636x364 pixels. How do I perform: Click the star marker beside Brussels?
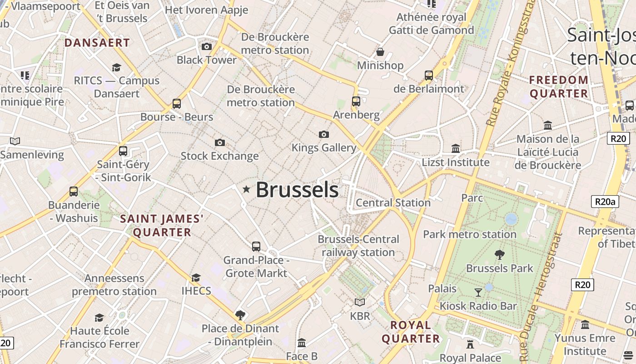point(246,189)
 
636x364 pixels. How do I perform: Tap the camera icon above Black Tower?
point(206,46)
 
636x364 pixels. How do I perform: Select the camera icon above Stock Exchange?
point(219,143)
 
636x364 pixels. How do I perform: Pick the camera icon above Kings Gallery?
point(323,134)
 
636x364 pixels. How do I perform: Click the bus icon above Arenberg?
point(356,101)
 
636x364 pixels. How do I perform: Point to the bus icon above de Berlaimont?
point(428,75)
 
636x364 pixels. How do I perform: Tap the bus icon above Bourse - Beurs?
point(177,103)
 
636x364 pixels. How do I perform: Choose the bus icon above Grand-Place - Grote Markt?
point(256,247)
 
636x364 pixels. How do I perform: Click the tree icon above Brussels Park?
point(499,255)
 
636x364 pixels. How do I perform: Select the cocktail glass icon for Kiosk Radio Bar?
point(478,292)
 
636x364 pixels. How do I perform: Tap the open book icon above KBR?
point(360,302)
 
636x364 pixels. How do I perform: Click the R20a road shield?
point(605,202)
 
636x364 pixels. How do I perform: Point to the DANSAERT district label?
point(97,43)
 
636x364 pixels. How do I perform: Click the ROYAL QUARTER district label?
point(411,332)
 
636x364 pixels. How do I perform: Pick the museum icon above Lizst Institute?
point(455,148)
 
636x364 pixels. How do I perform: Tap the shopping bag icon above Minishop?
point(380,52)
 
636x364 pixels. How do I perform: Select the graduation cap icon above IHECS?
point(196,278)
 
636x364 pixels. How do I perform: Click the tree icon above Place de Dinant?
point(240,315)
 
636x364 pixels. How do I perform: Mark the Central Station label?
point(393,202)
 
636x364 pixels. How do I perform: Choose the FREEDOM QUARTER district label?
point(559,87)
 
